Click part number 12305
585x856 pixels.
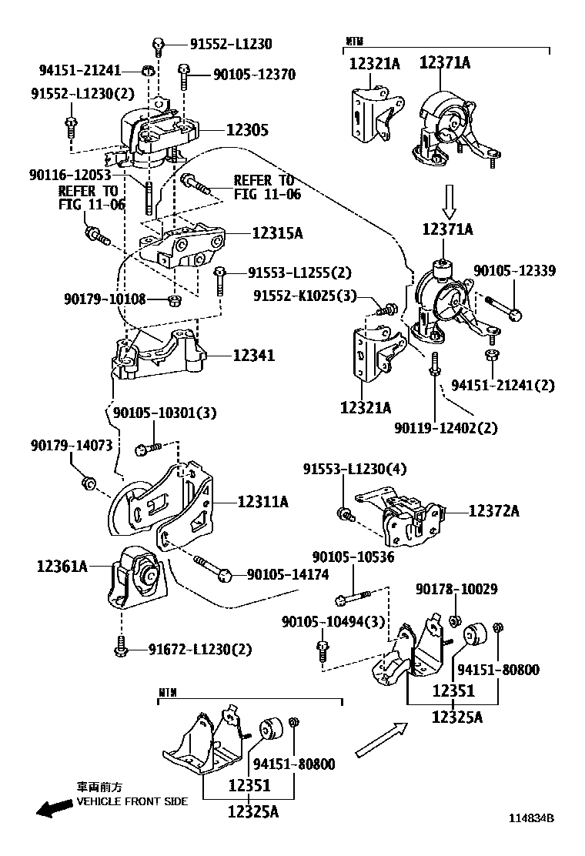246,131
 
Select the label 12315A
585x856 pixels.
256,232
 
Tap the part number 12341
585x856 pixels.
253,356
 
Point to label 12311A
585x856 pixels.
262,502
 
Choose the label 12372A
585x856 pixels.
493,510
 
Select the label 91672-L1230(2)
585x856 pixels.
199,650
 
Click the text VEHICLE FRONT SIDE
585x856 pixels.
132,801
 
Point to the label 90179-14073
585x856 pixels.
72,445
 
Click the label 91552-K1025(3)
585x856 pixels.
306,295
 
